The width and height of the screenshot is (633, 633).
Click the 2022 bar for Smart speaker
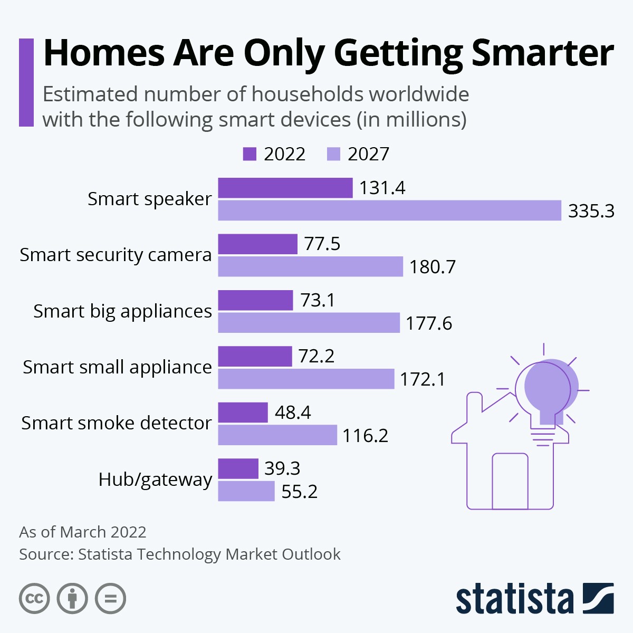tap(285, 188)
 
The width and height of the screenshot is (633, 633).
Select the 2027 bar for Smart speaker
tap(389, 210)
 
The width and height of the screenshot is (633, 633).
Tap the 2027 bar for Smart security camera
tap(310, 266)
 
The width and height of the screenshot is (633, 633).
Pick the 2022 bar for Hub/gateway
tap(238, 468)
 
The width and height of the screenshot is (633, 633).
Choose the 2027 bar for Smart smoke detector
tap(277, 435)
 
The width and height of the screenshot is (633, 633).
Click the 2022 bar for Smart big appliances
tap(255, 300)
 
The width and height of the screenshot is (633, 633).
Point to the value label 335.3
tap(591, 211)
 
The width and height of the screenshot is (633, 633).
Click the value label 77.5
tap(322, 244)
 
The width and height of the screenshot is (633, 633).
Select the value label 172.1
tap(422, 379)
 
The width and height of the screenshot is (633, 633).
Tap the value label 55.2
tap(299, 492)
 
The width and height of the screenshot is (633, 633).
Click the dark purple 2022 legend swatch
tap(250, 154)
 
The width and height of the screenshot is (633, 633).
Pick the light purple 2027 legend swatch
tap(333, 154)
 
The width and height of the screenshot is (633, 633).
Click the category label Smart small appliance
tap(117, 367)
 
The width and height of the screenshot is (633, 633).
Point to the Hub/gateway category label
tap(155, 479)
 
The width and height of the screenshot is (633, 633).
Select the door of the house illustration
tap(510, 481)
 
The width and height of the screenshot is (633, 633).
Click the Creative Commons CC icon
tap(34, 599)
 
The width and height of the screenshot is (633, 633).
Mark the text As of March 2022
tap(83, 532)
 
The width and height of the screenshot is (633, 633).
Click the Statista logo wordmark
tap(514, 599)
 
